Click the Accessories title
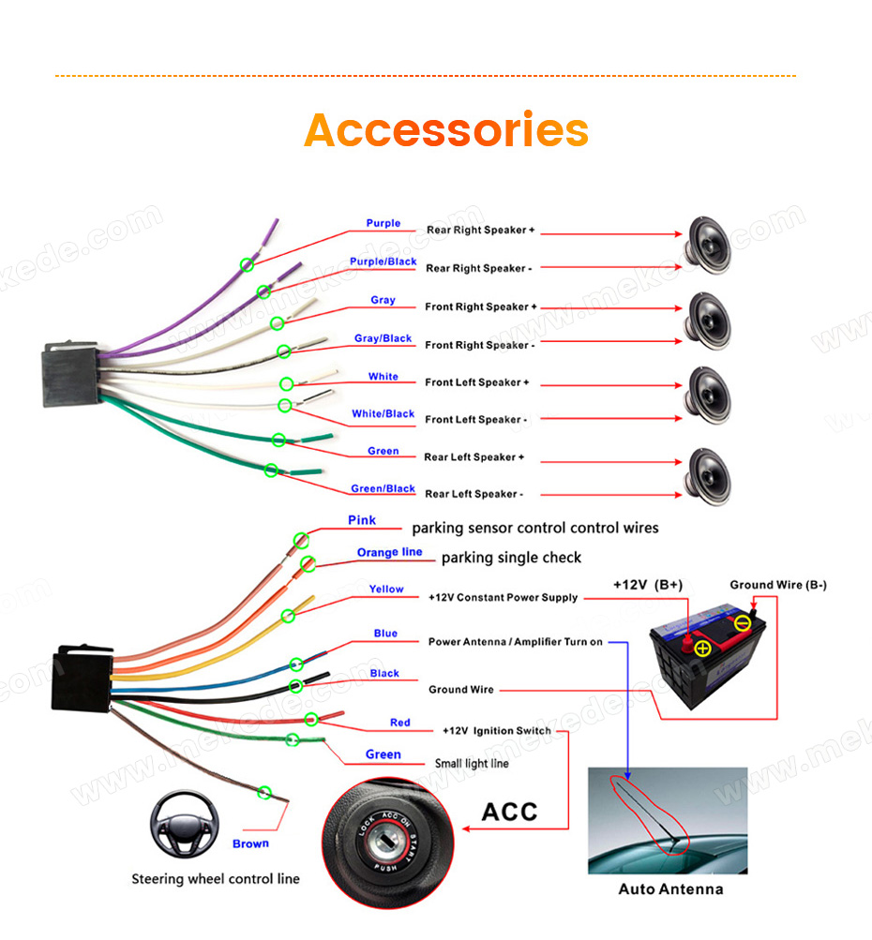coord(446,129)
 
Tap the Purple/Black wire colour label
coord(383,261)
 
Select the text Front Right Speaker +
coord(480,307)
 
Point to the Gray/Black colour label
coord(383,338)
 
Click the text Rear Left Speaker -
coord(474,494)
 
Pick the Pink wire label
coord(362,520)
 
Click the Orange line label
coord(389,552)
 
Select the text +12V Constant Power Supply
coord(503,598)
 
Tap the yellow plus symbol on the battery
coord(702,648)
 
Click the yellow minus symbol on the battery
coord(743,623)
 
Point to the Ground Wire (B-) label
coord(778,585)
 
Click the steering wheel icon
coord(184,825)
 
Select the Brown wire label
coord(250,843)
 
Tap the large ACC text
coord(510,812)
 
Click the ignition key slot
coord(386,841)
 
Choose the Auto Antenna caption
coord(670,889)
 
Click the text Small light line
coord(472,763)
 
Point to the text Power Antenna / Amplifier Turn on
coord(515,642)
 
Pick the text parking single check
coord(511,558)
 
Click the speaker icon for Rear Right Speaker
coord(709,246)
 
